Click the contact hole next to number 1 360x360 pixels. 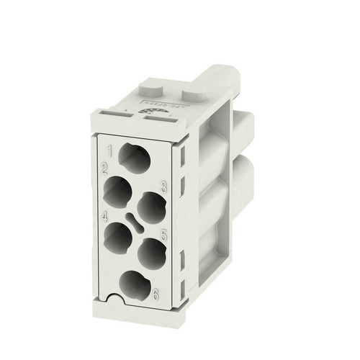(x=135, y=158)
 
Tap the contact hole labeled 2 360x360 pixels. (x=117, y=192)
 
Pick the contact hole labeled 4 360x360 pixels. (x=119, y=236)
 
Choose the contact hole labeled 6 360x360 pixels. (x=135, y=285)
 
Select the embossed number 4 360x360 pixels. (x=105, y=215)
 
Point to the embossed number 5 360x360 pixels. (x=164, y=234)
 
